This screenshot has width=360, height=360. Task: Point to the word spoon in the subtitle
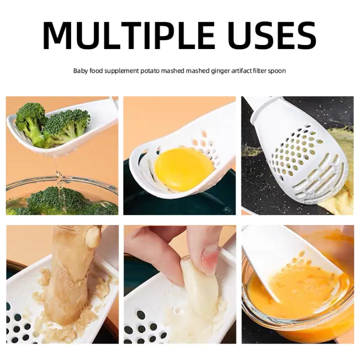pos(277,71)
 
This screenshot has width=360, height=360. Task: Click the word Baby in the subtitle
pos(80,71)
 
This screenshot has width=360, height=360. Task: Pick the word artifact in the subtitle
pos(238,71)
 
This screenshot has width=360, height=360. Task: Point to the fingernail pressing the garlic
pos(210,260)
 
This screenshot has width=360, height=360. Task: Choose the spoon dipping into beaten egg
pos(280,260)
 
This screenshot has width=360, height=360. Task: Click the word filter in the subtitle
pos(259,71)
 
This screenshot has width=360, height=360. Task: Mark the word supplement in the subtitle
pos(122,71)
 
